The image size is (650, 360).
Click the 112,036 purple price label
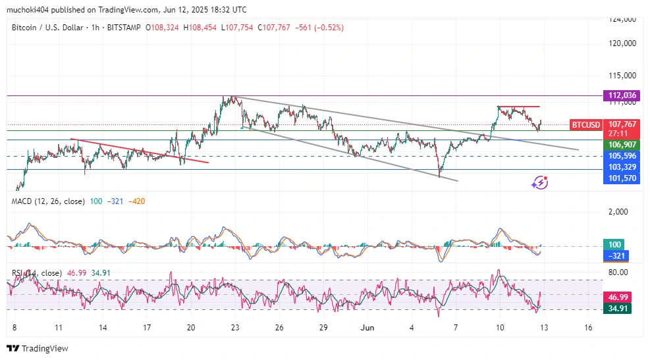click(x=622, y=95)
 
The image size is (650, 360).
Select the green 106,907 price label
click(x=622, y=144)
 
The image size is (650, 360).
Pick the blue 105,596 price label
click(x=622, y=156)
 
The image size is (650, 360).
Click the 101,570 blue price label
click(x=622, y=178)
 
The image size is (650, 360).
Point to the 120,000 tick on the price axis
click(x=622, y=43)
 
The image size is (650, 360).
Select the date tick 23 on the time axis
click(x=235, y=327)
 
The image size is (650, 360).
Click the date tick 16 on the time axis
click(x=588, y=327)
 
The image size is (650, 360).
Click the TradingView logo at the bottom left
click(x=38, y=348)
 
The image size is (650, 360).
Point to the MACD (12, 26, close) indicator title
click(x=48, y=201)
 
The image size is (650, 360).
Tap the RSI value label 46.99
click(x=622, y=297)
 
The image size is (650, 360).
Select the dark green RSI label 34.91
click(x=622, y=308)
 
